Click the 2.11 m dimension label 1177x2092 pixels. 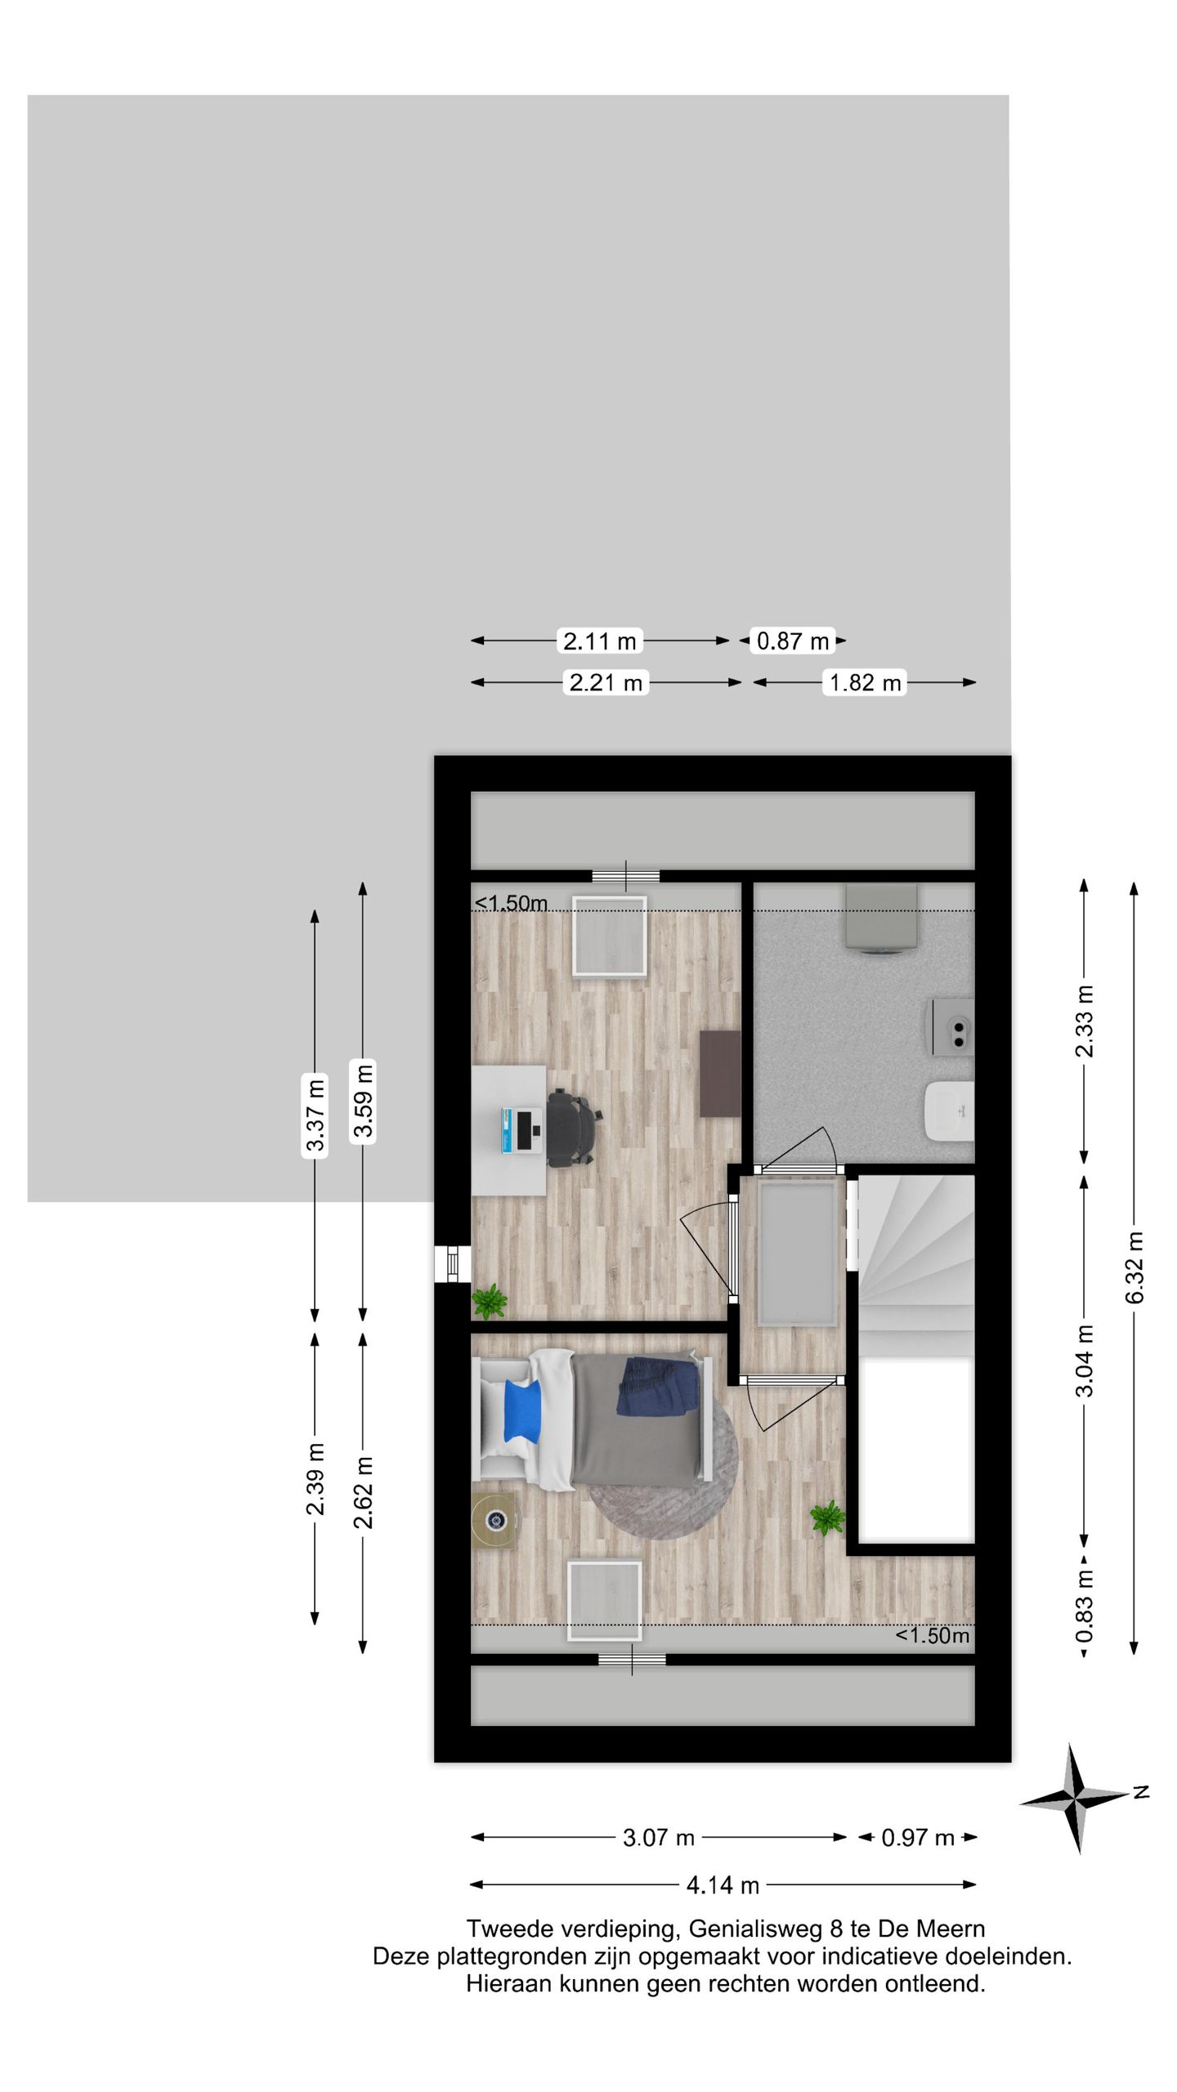click(600, 641)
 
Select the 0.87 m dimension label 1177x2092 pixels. click(793, 641)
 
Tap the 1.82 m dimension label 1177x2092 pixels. click(866, 682)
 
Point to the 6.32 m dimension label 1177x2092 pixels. click(1134, 1267)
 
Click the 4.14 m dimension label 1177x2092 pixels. click(723, 1884)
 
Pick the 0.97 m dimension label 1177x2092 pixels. click(918, 1838)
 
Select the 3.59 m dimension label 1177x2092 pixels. click(363, 1100)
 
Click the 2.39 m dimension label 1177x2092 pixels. click(316, 1478)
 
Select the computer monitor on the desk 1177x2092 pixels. click(521, 1131)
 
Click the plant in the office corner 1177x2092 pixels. click(490, 1301)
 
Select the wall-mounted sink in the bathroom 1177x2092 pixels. click(949, 1111)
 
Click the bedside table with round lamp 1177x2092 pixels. click(494, 1521)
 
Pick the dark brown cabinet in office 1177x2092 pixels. click(720, 1073)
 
